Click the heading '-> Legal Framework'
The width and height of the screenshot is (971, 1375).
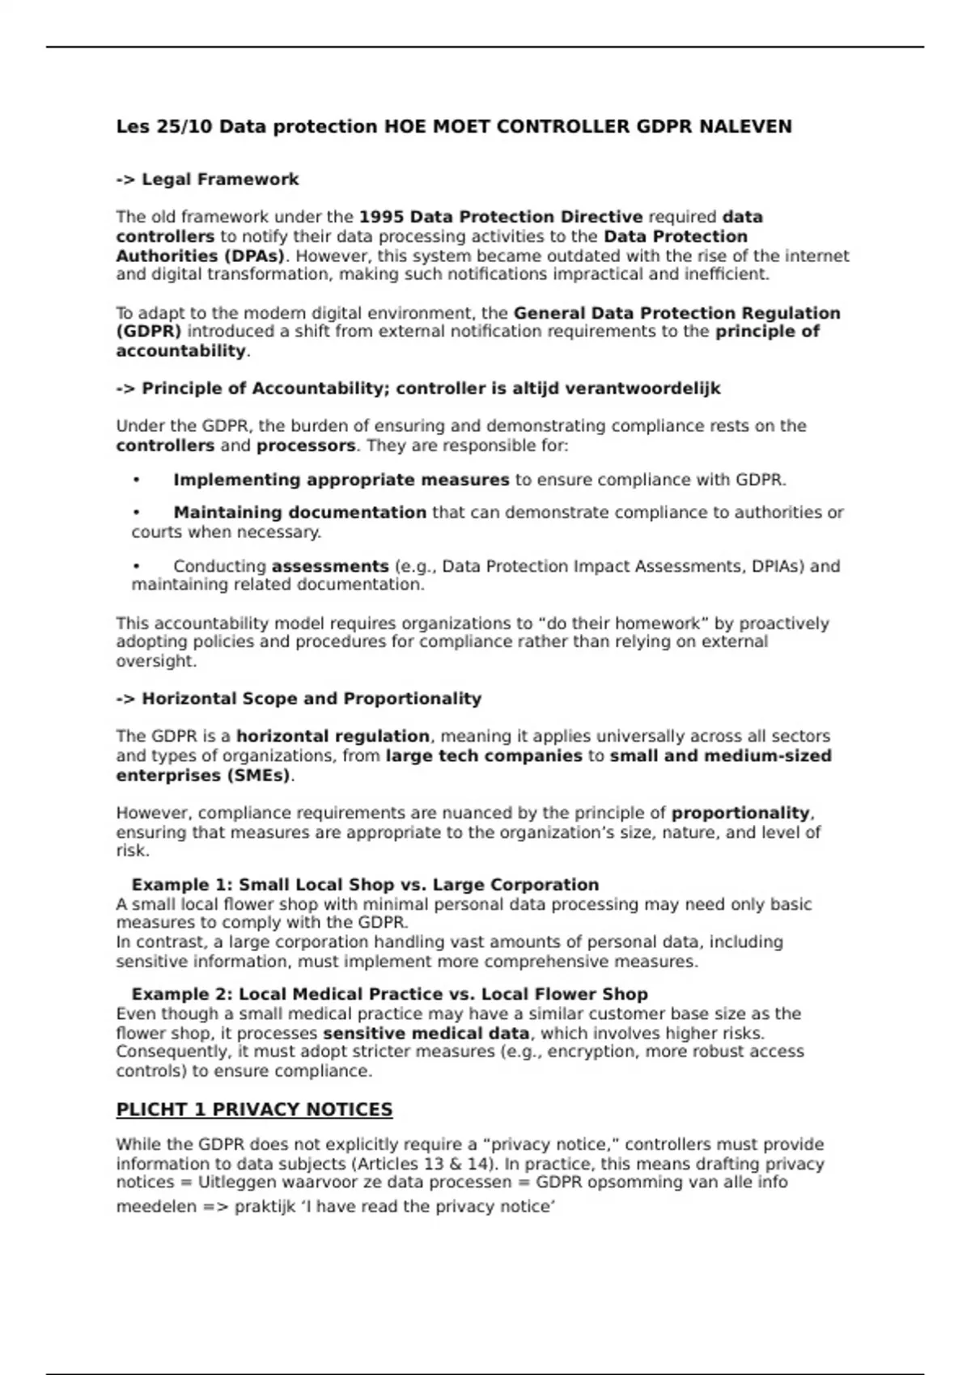point(207,180)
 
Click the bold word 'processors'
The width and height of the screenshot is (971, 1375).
point(306,446)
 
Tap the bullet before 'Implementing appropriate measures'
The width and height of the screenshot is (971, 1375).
point(137,480)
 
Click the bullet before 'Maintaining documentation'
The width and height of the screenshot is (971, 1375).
point(137,513)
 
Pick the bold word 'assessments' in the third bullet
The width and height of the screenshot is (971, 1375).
point(330,566)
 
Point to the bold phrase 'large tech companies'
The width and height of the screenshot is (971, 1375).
point(484,756)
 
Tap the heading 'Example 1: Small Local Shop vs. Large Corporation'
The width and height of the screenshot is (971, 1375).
point(365,885)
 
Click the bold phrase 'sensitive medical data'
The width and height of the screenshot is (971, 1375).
point(426,1034)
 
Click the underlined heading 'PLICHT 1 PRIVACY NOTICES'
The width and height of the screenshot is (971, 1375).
point(254,1110)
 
